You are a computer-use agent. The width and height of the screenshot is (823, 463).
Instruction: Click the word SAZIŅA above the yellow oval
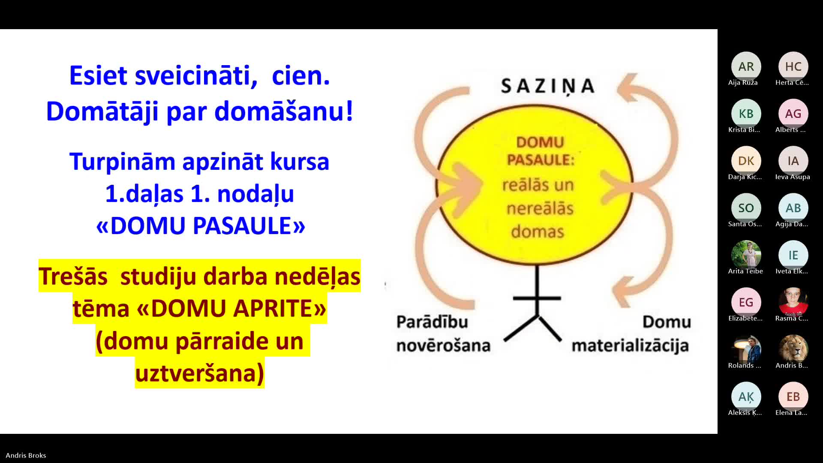pos(548,86)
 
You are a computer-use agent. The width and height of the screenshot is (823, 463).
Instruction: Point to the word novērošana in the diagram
pos(443,346)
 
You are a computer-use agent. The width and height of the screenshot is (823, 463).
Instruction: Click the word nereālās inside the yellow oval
pos(540,209)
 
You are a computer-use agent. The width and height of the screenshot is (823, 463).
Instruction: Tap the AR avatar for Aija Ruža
pos(746,66)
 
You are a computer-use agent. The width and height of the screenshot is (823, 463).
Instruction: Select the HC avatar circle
pos(793,66)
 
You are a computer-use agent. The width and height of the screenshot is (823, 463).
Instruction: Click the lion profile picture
pos(793,349)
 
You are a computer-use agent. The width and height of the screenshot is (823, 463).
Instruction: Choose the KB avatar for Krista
pos(746,114)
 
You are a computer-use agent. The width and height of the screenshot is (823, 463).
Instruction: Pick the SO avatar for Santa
pos(746,208)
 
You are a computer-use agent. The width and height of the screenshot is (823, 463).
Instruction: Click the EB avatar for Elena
pos(793,397)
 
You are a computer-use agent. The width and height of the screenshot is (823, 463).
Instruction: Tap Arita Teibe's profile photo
pos(746,255)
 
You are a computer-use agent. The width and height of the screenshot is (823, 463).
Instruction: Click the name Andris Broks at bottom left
pos(26,455)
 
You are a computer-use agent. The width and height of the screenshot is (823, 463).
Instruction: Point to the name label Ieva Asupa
pos(793,177)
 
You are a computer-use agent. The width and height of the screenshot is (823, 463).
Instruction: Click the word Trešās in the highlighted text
pos(73,277)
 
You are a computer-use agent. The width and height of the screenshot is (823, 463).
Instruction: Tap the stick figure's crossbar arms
pos(537,298)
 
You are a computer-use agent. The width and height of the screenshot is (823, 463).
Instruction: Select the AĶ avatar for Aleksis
pos(746,397)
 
